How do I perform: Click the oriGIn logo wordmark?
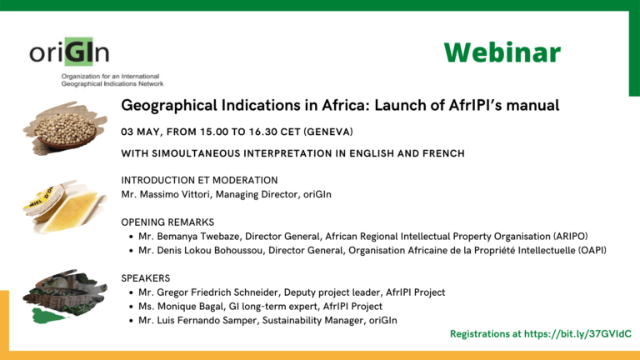69,52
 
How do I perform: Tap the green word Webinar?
502,52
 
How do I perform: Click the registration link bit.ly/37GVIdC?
577,334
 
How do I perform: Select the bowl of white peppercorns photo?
65,128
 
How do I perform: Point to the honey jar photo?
65,207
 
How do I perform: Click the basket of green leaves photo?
65,297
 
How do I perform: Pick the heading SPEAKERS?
145,278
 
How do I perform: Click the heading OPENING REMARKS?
167,222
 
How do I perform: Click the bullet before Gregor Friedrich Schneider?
131,292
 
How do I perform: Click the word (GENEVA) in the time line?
328,132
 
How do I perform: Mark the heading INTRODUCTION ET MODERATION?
199,180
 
